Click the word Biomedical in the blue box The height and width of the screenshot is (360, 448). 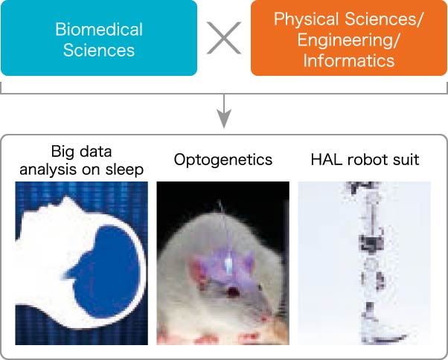click(x=99, y=30)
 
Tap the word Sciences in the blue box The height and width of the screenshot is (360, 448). click(x=99, y=51)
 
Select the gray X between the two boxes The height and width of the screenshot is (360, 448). click(x=224, y=38)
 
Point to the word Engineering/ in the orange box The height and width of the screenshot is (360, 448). click(x=348, y=40)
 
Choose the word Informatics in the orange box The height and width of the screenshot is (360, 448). click(x=349, y=61)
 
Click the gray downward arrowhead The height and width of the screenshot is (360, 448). click(x=224, y=118)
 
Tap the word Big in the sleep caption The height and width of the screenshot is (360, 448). click(x=60, y=152)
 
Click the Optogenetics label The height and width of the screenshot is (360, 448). click(x=223, y=160)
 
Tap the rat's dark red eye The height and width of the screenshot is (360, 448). click(x=234, y=292)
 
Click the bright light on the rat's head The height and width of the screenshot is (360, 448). click(x=229, y=265)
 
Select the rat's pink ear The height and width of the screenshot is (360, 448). click(x=199, y=271)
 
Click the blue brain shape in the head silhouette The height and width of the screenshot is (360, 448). click(x=107, y=271)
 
